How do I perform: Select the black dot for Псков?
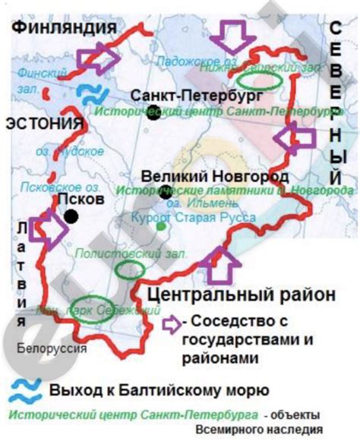point(71,217)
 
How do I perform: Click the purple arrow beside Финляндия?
point(96,57)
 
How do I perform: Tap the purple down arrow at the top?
point(232,35)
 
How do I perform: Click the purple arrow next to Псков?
point(46,228)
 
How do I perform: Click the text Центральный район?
point(239,294)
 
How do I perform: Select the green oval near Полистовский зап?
point(128,269)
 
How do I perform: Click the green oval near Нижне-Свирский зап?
point(257,77)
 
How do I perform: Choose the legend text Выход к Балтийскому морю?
point(159,390)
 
